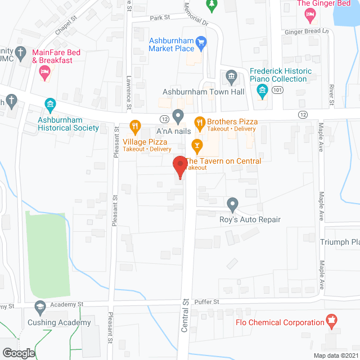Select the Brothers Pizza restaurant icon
point(199,121)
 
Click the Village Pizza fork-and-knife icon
point(134,125)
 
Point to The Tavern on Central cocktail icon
point(197,146)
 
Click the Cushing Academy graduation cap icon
point(40,307)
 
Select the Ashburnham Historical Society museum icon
point(50,104)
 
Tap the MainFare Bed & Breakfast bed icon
point(44,71)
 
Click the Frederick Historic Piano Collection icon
point(262,94)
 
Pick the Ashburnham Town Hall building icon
point(231,76)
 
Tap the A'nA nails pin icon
point(178,116)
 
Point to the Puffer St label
point(206,301)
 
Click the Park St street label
point(160,18)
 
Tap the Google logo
point(17,353)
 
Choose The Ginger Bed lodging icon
point(310,16)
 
